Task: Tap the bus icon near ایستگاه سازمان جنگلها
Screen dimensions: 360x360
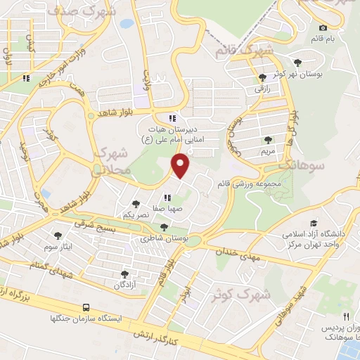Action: (x=86, y=307)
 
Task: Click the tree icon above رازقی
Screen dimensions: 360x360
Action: (x=262, y=77)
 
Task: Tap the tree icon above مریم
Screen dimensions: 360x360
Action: (x=268, y=139)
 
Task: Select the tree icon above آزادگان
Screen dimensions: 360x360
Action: (x=124, y=274)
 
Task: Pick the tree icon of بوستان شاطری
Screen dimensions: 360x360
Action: (x=164, y=227)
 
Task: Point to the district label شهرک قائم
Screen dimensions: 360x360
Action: (x=243, y=51)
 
